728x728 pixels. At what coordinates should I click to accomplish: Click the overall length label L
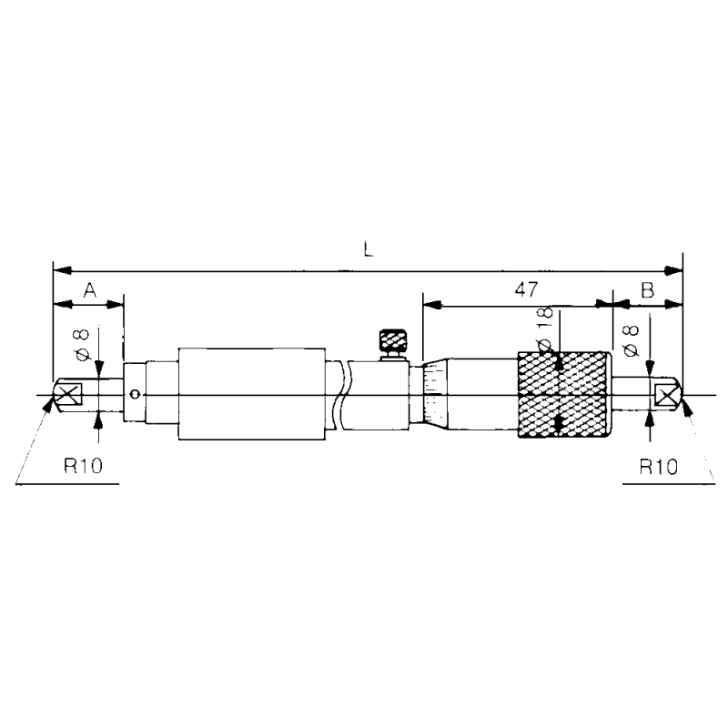click(368, 249)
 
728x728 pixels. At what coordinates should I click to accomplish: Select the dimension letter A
click(89, 290)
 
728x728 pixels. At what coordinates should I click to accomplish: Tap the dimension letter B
click(647, 290)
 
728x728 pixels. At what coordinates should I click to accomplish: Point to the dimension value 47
click(525, 290)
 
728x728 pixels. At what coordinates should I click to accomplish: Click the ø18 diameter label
click(546, 329)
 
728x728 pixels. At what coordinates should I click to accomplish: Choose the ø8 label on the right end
click(632, 341)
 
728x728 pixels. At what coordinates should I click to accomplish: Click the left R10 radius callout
click(83, 468)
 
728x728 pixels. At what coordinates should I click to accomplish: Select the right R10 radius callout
click(657, 468)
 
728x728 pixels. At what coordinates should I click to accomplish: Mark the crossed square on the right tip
click(666, 395)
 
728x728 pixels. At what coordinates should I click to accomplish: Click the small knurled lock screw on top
click(394, 342)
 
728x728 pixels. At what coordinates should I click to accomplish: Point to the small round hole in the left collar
click(135, 394)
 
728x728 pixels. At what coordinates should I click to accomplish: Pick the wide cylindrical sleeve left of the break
click(252, 395)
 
